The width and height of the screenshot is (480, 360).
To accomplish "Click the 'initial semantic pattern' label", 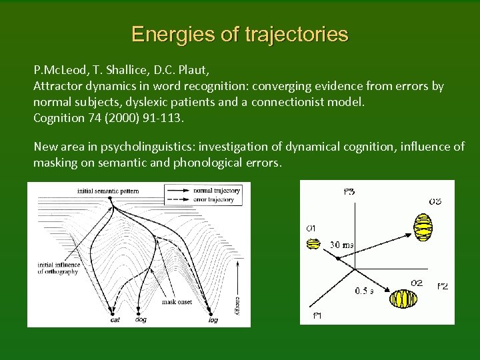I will [x=108, y=191].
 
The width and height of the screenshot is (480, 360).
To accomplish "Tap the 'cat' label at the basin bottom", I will [x=115, y=320].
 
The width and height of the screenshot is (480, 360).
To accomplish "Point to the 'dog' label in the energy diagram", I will [x=141, y=320].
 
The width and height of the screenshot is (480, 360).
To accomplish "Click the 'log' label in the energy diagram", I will [x=213, y=320].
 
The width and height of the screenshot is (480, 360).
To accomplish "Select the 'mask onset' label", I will [x=177, y=302].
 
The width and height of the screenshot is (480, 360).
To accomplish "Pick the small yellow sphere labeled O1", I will [x=313, y=243].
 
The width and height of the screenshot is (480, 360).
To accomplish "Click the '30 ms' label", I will [x=343, y=245].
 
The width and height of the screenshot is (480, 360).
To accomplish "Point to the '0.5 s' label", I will [x=364, y=291].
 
